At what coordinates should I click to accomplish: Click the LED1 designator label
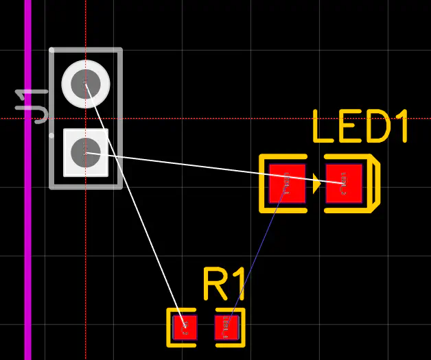(x=360, y=128)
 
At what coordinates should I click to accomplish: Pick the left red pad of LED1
(x=287, y=183)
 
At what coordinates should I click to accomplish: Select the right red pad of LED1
(x=344, y=183)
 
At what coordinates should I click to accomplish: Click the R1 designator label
(x=224, y=284)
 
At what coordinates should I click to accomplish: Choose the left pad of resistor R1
(x=183, y=327)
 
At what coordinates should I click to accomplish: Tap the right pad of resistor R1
(x=227, y=327)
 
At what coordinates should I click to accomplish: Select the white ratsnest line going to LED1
(x=220, y=169)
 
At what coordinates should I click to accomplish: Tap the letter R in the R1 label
(x=215, y=284)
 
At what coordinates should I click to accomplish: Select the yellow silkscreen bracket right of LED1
(x=373, y=183)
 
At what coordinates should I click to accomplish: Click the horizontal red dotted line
(x=206, y=118)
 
